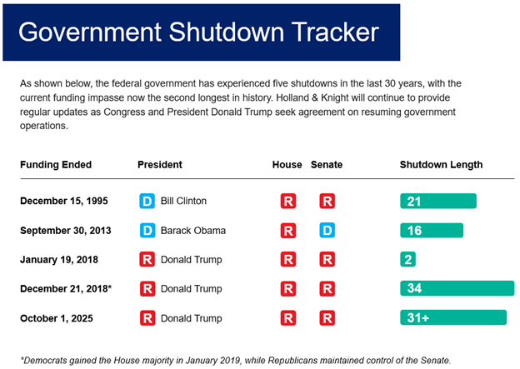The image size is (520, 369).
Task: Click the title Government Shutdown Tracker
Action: (x=198, y=32)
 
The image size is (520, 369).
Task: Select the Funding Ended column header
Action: (x=56, y=165)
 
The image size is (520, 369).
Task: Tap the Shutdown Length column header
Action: (x=441, y=165)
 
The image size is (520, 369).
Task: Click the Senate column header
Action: (x=327, y=165)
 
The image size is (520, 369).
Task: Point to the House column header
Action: (x=287, y=165)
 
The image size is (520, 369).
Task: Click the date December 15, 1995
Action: (x=64, y=202)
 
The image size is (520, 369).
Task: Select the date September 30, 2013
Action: (x=67, y=231)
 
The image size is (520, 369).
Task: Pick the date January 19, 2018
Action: (x=59, y=260)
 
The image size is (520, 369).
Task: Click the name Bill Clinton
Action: (x=183, y=202)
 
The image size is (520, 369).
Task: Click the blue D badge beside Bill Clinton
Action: (x=147, y=202)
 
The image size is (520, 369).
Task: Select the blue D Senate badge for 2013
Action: (x=327, y=231)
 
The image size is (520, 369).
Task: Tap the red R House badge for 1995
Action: (x=287, y=202)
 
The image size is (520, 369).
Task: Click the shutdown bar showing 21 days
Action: (x=438, y=202)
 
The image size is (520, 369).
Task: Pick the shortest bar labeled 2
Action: (x=408, y=260)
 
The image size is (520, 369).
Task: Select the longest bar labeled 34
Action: (x=457, y=289)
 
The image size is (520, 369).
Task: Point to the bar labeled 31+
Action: (x=453, y=317)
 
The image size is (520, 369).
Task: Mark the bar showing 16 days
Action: (x=432, y=231)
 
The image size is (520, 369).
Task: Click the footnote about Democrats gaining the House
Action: (x=236, y=360)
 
